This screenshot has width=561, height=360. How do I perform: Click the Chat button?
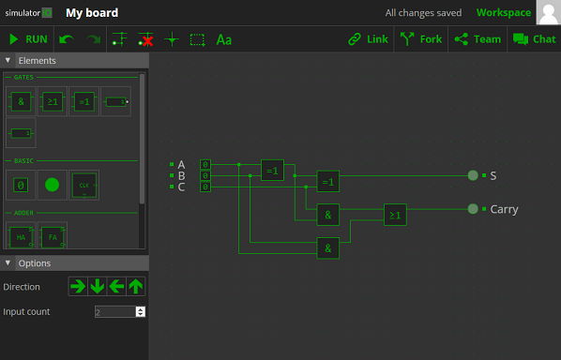point(534,39)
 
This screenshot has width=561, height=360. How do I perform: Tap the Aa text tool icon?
point(223,39)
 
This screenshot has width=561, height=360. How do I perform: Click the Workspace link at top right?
point(503,13)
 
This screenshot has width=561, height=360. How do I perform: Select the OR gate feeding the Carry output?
point(395,215)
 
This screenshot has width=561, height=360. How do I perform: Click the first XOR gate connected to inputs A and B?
point(272,170)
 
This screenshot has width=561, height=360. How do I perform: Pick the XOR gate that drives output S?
point(327,181)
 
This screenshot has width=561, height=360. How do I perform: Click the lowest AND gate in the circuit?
point(327,248)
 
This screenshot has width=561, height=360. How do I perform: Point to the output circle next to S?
point(473,175)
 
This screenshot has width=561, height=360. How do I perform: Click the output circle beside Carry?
point(473,209)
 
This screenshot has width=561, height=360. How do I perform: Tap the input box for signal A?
point(205,164)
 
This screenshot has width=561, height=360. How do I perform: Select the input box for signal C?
point(205,187)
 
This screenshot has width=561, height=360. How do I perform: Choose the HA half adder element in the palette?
point(21,236)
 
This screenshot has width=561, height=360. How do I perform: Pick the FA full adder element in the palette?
point(53,236)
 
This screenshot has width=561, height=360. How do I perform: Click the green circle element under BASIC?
point(52,184)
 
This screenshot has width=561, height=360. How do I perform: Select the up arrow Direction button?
point(136,286)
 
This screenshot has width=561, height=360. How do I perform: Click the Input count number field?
point(115,311)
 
